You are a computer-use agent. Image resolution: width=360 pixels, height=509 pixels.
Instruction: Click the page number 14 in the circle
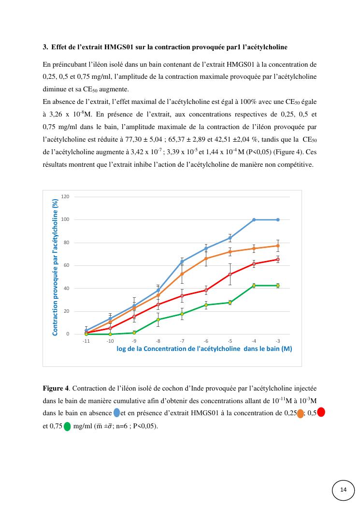coord(344,490)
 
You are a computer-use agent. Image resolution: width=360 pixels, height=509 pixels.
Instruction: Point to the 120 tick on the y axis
coord(65,197)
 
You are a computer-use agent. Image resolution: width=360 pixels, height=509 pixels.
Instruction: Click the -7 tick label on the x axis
coord(182,341)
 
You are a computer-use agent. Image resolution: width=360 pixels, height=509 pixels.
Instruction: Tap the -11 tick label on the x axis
coord(86,341)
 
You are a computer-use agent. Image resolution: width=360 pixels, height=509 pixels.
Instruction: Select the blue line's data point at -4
coord(254,219)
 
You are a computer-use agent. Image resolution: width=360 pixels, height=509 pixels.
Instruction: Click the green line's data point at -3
coord(278,286)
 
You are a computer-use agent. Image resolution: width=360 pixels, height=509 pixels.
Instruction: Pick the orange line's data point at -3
coord(278,246)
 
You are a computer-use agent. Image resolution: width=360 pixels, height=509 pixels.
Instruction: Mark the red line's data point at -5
coord(230,275)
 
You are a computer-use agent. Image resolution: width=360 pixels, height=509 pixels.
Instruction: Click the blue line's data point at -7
coord(182,262)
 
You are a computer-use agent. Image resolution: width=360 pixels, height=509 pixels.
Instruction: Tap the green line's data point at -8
coord(158,320)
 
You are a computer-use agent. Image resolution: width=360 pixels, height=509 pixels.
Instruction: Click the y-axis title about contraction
coord(55,267)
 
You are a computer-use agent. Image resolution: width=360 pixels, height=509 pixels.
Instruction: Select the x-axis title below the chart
coord(204,349)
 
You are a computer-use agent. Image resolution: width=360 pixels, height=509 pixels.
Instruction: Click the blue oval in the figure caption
coord(116,413)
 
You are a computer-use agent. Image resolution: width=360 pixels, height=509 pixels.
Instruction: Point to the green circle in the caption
coord(67,426)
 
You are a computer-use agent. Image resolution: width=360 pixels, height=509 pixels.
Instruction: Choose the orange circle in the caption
coord(301,413)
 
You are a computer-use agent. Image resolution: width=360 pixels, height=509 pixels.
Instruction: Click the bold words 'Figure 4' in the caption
coord(56,388)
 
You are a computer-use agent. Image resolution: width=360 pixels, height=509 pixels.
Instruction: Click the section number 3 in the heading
coord(44,47)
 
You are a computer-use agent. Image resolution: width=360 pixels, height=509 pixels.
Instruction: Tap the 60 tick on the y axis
coord(66,265)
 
